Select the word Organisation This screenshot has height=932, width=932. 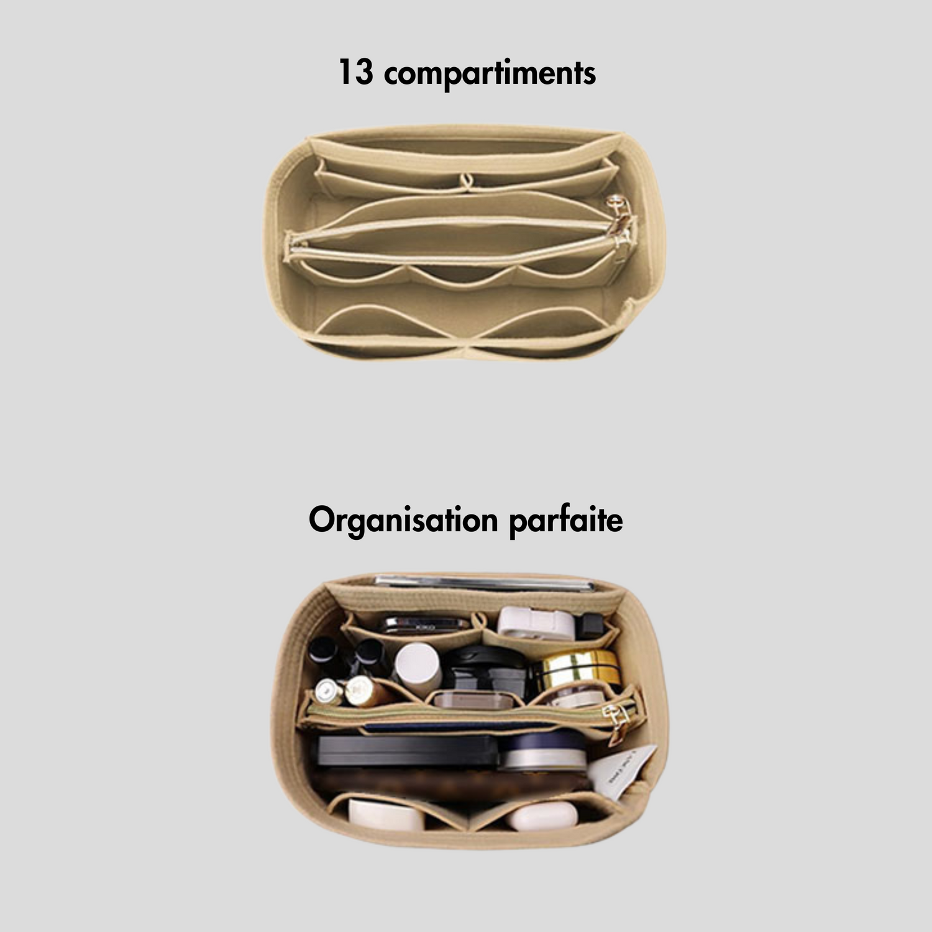403,521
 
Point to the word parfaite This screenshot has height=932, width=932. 565,521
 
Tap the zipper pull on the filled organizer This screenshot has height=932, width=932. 619,721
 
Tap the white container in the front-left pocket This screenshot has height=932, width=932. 385,815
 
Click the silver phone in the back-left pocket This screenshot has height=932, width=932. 425,624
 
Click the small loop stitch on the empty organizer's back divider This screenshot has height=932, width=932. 465,181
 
